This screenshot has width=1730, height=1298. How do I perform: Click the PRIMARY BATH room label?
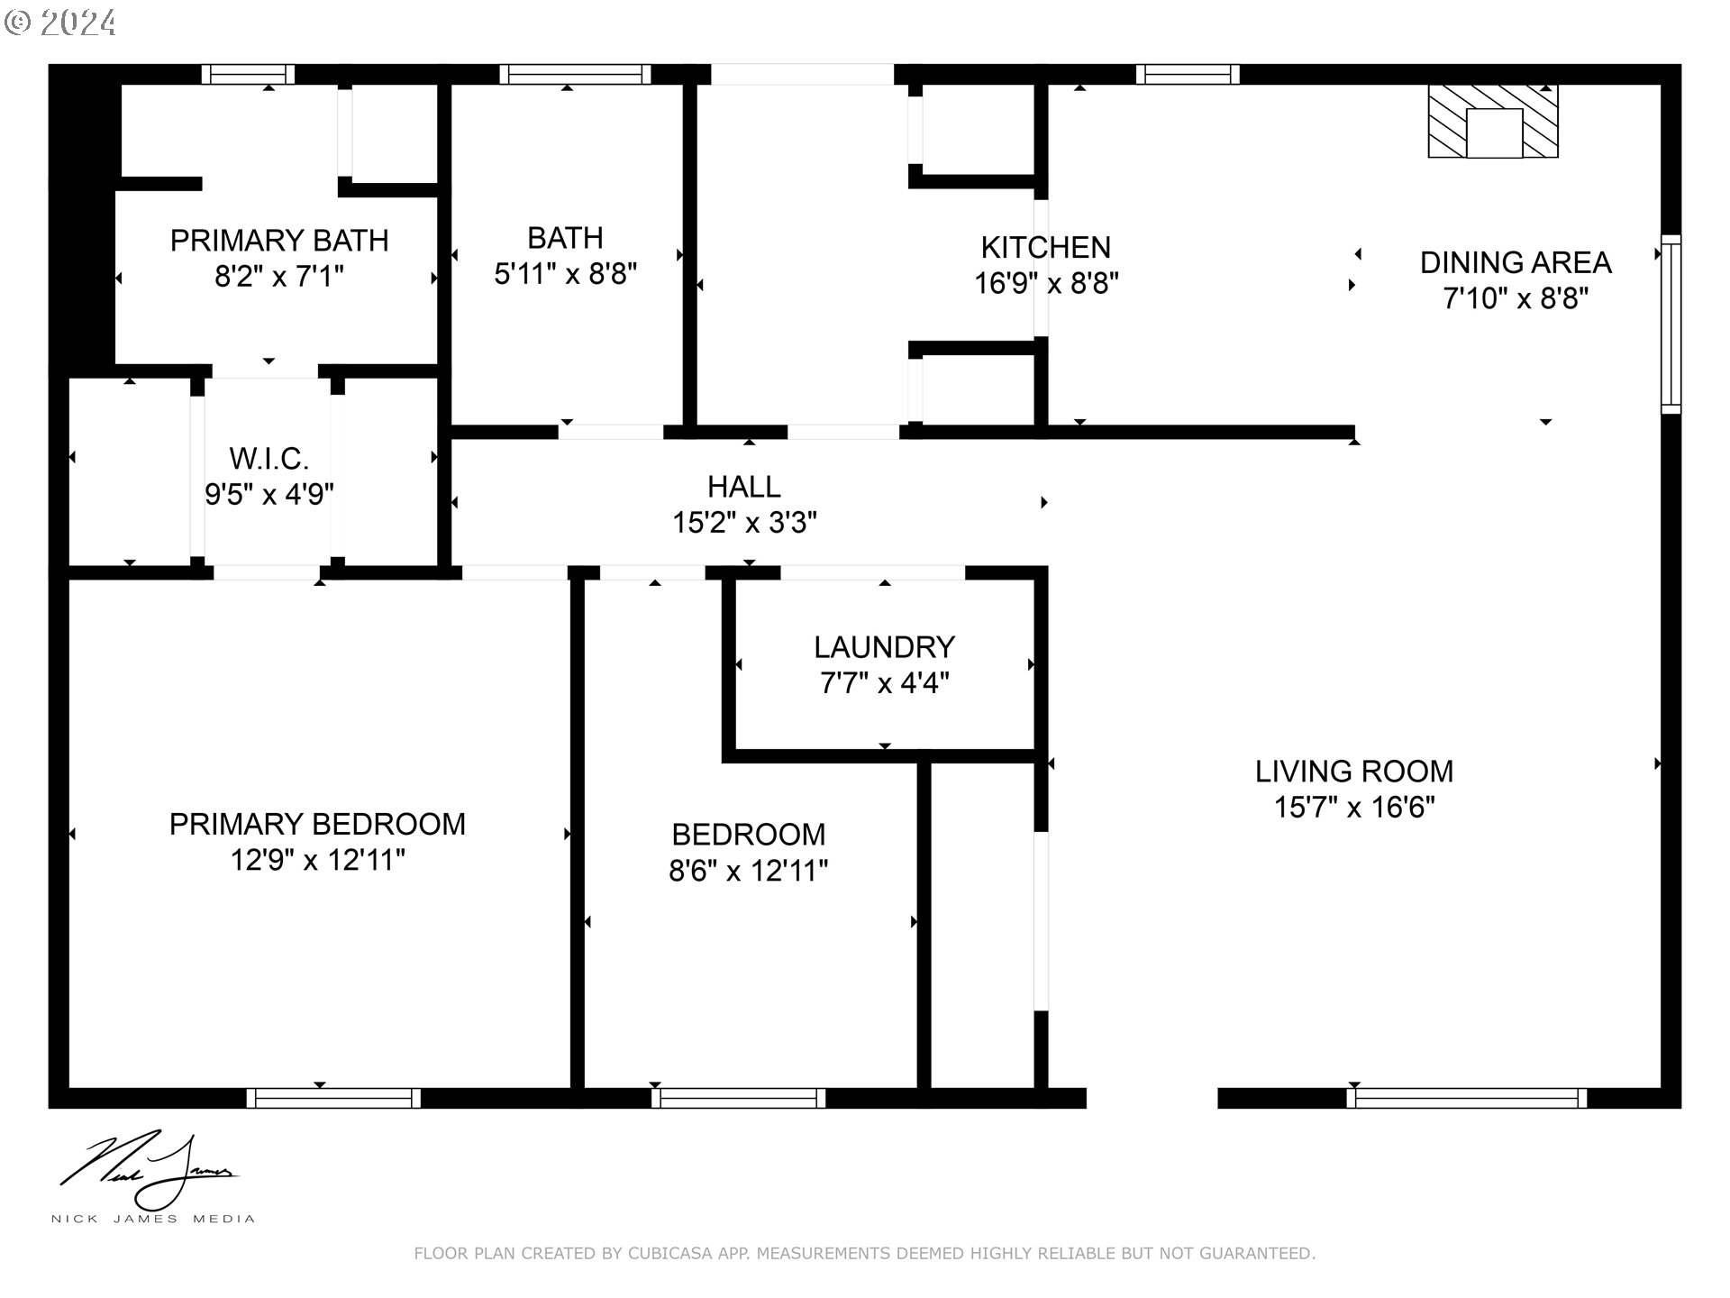pos(279,241)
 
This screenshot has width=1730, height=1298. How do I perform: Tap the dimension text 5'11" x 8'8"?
pos(566,273)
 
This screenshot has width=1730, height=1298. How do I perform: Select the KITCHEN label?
pos(1045,247)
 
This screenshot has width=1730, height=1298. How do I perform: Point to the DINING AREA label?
pos(1516,262)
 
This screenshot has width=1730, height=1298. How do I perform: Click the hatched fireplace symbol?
pos(1493,122)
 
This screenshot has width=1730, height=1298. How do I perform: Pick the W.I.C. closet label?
pos(269,459)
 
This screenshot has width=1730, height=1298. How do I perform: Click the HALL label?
pos(744,487)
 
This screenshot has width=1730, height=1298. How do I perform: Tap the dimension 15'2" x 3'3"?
pos(745,523)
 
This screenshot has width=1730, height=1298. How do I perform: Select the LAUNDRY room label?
pos(884,647)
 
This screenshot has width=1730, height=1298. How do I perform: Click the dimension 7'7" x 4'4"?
pos(885,683)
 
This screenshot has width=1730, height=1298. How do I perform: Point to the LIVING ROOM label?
pos(1354,772)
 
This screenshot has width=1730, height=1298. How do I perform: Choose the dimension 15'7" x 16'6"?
pos(1354,807)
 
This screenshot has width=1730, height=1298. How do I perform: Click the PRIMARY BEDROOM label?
pos(317,824)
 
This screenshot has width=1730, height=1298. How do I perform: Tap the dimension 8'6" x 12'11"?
pos(749,871)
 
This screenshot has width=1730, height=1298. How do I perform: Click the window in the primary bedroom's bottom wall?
pos(333,1098)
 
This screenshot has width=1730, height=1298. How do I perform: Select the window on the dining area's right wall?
pos(1671,324)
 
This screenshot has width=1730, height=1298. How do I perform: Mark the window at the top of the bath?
pos(575,74)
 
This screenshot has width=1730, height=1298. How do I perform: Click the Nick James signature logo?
pos(150,1172)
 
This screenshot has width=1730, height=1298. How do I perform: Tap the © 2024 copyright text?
pos(61,22)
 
